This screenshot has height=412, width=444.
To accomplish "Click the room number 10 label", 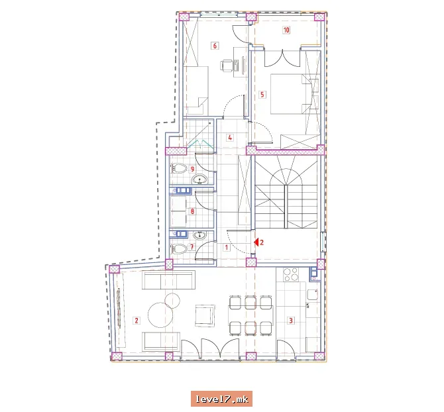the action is (286, 30).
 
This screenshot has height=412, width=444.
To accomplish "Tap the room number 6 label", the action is (215, 46).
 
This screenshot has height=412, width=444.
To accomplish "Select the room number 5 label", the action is (262, 95).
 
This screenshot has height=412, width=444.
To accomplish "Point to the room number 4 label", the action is (230, 138).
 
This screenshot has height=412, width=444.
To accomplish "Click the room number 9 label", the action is (193, 169).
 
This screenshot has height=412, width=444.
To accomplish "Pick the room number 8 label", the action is (193, 211).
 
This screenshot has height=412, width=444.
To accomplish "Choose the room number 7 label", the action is (192, 247).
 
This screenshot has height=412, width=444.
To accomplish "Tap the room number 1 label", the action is (226, 248).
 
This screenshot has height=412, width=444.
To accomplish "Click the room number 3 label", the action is (290, 321).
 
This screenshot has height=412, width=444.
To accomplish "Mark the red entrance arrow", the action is (256, 242).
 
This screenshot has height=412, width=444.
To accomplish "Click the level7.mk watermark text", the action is (222, 399).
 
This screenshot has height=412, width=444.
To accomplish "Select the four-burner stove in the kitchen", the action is (291, 274).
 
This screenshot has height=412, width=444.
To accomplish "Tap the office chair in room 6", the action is (226, 66).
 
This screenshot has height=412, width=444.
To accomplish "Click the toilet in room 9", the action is (178, 169).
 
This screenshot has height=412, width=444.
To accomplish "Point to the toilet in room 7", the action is (178, 249).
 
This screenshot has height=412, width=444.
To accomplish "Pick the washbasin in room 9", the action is (200, 179).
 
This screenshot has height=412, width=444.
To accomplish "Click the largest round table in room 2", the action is (160, 315).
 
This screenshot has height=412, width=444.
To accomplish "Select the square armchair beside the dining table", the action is (205, 315).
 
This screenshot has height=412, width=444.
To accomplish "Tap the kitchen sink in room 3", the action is (312, 294).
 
